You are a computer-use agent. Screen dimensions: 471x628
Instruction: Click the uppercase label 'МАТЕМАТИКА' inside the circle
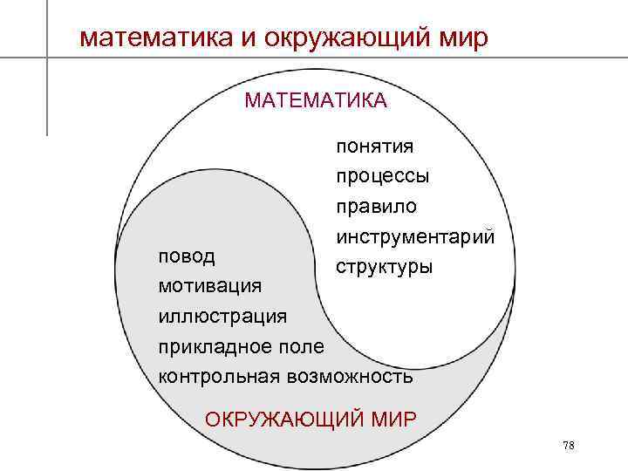316,101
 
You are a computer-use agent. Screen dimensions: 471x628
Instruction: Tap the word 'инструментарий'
414,236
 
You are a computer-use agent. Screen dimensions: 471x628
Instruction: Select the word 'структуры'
383,265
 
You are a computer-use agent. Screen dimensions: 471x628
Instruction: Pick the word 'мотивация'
208,286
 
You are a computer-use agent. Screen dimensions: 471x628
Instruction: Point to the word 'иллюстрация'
222,316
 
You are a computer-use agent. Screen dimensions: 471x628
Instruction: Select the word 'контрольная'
218,376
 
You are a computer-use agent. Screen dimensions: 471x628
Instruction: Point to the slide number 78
569,446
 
